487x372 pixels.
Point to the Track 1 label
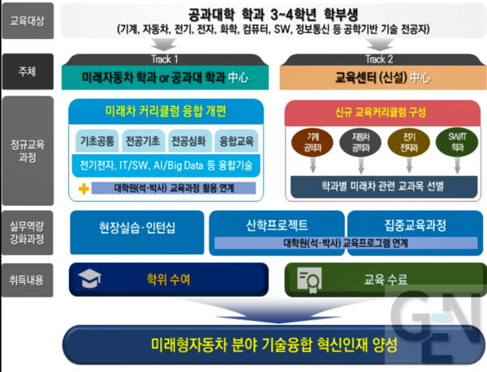(164, 59)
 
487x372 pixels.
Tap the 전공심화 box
(190, 140)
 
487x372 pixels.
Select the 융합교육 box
(235, 140)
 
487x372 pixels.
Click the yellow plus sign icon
(83, 188)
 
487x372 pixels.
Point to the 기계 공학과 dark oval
(312, 143)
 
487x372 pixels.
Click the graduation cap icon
(88, 280)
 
